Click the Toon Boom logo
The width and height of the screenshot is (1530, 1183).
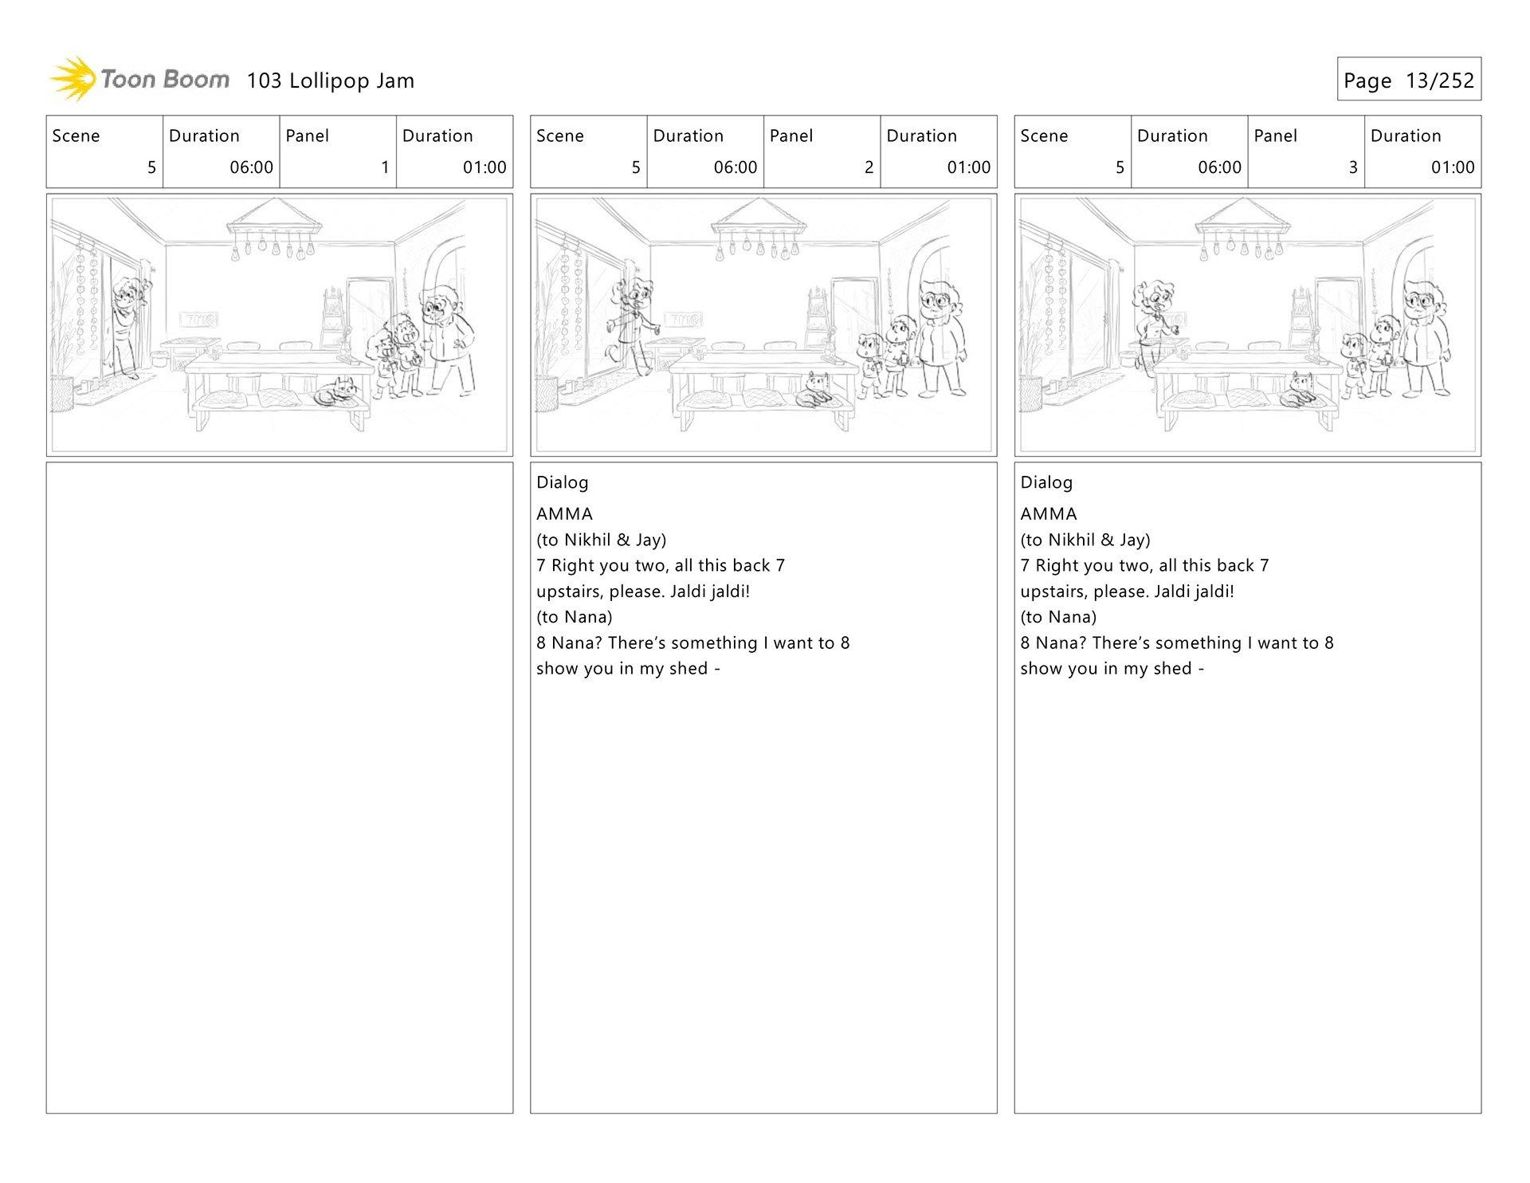140,80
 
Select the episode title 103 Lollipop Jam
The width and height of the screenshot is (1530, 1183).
330,81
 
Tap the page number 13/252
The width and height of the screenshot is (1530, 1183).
1439,81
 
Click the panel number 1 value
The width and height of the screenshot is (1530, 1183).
385,167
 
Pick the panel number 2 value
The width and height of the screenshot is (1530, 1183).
869,167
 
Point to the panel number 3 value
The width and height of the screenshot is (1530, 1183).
1352,167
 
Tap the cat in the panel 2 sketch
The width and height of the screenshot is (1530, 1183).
818,389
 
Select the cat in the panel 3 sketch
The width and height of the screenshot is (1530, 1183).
1300,389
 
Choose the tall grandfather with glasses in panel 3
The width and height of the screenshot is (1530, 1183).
1425,335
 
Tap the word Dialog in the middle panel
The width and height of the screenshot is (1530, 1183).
562,482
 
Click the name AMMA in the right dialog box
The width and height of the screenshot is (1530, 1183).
1048,514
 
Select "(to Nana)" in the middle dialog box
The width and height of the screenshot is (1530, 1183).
574,617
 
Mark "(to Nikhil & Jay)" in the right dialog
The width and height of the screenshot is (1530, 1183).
1085,540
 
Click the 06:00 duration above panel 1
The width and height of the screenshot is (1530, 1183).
251,167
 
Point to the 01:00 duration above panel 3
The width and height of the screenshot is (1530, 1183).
1452,167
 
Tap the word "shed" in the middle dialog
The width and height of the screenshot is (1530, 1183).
688,669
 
